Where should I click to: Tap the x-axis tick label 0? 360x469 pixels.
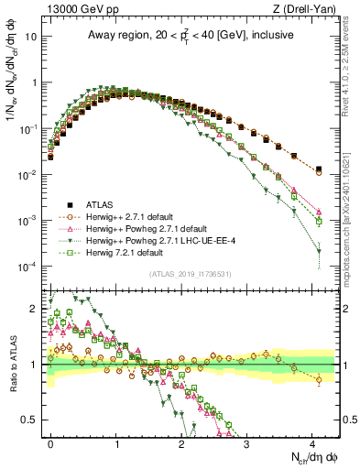click(x=51, y=441)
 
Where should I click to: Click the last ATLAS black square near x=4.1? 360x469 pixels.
click(x=319, y=169)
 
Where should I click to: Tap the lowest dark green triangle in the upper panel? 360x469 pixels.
click(x=319, y=252)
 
